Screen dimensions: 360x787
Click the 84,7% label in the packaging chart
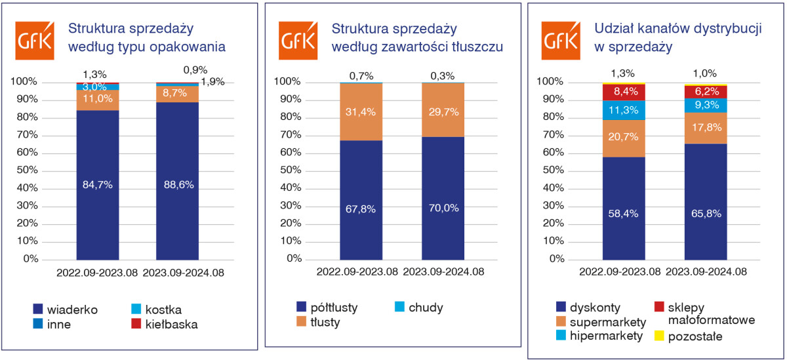click(98, 185)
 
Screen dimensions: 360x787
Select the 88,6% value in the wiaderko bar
click(179, 185)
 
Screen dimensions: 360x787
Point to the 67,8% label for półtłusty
click(361, 209)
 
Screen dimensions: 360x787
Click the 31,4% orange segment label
click(361, 111)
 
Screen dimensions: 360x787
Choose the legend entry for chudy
click(419, 307)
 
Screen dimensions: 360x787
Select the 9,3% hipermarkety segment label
click(705, 104)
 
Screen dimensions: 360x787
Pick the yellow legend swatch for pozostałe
click(660, 336)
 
